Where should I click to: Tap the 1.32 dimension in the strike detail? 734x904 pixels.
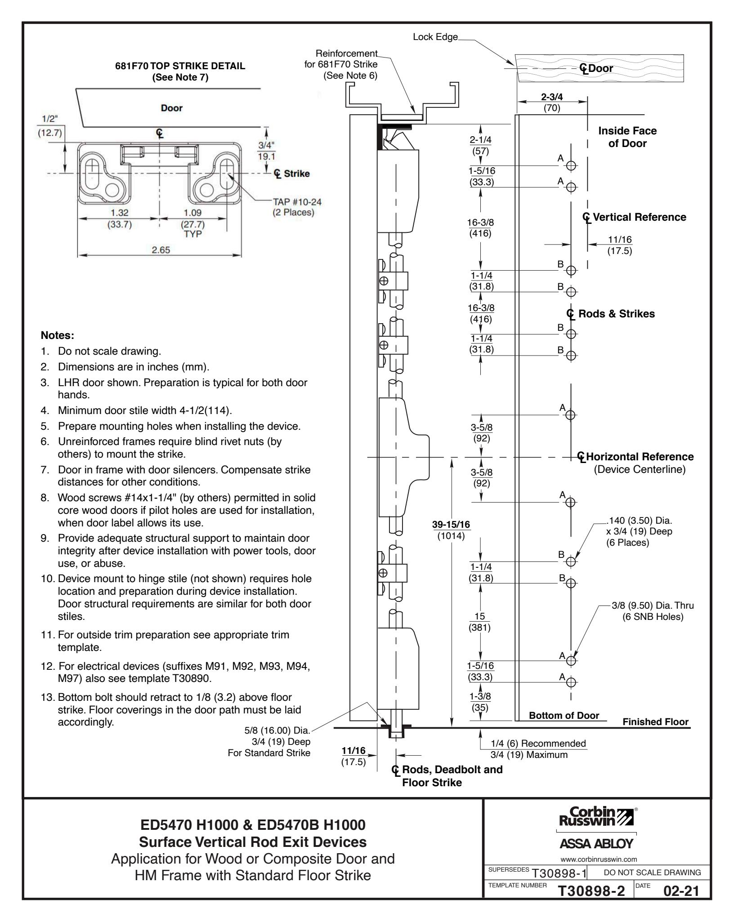[119, 213]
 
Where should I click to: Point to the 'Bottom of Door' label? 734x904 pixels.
[564, 716]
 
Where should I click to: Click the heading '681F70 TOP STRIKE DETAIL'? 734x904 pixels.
[180, 66]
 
